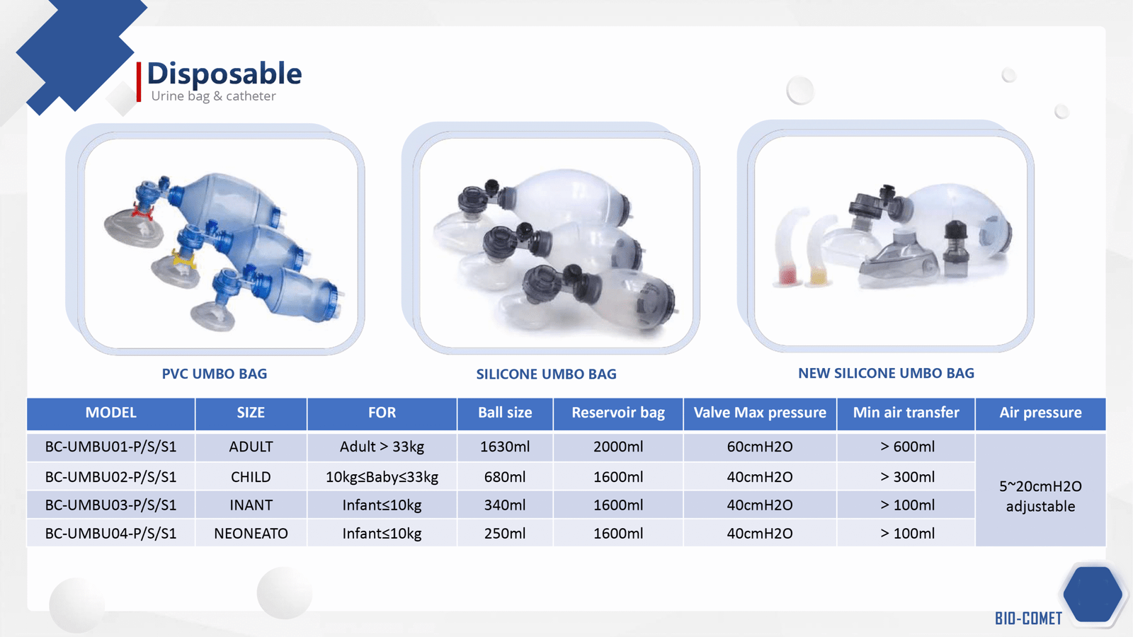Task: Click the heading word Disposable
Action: point(224,74)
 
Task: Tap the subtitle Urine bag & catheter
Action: point(213,96)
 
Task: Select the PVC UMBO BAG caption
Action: point(215,374)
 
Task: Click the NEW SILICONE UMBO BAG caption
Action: point(886,373)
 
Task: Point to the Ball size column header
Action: point(505,413)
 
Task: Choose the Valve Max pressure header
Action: point(760,413)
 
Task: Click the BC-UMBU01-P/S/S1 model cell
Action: point(110,447)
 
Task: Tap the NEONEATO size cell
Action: point(251,534)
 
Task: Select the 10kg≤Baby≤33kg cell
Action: point(382,477)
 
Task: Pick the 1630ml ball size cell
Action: point(505,447)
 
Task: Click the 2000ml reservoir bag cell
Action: point(618,447)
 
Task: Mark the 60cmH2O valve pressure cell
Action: point(760,447)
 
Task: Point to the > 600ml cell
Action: point(907,447)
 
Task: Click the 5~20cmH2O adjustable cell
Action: point(1040,496)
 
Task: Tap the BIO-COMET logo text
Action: point(1028,619)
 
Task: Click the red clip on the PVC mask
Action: point(142,212)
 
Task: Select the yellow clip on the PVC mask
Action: point(183,259)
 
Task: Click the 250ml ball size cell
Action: point(505,534)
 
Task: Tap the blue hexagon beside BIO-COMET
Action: point(1093,594)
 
